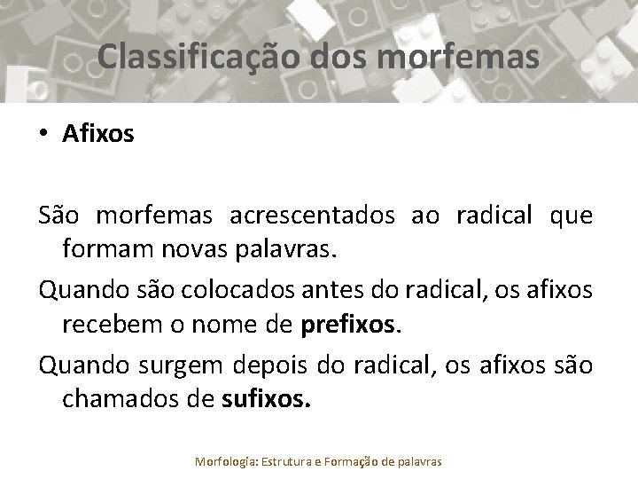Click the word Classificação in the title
[x=201, y=56]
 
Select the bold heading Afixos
[x=98, y=134]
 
